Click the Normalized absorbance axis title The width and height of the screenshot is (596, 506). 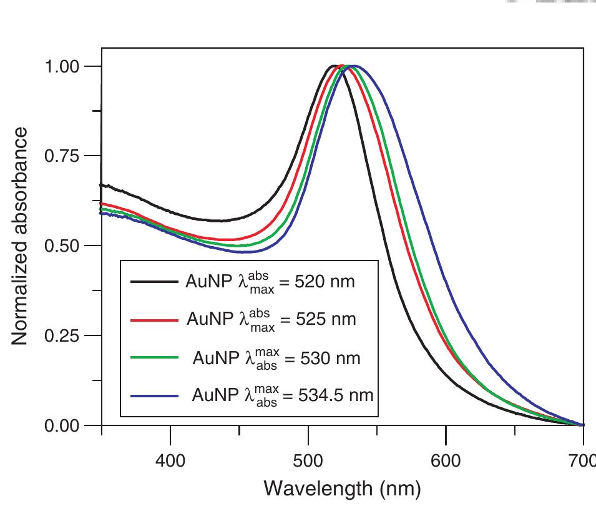click(20, 236)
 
